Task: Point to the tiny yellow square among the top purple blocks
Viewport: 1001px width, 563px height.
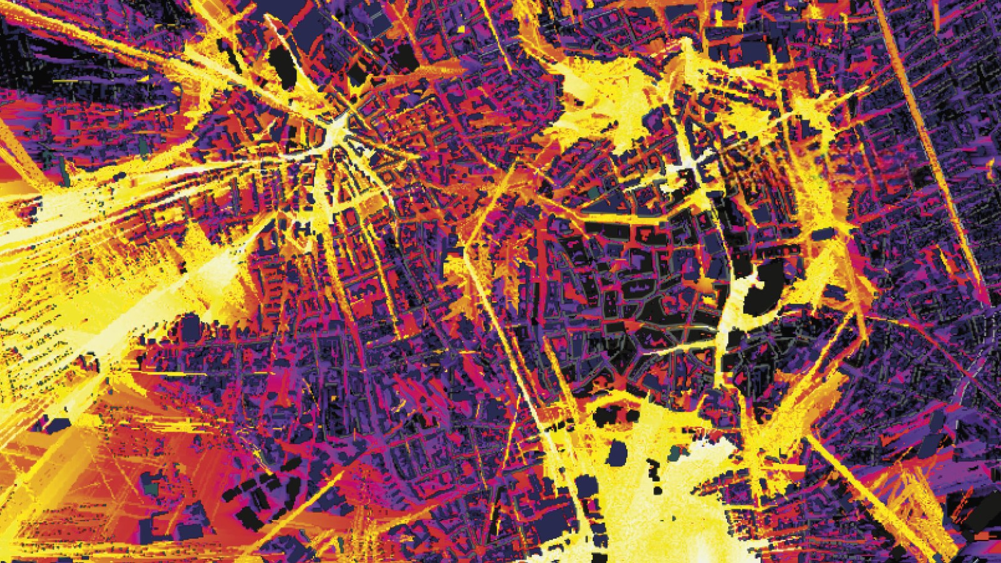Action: point(462,29)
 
